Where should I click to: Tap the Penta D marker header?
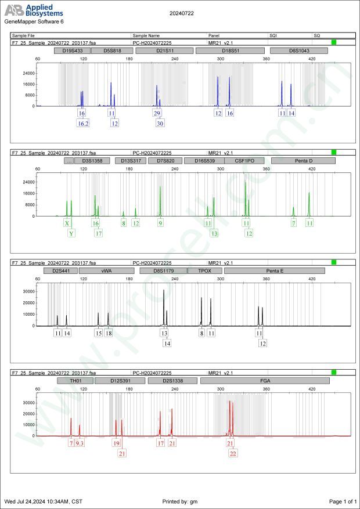303,160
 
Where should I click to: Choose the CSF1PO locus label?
244,160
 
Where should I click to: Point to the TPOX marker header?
205,270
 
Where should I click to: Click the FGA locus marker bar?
264,381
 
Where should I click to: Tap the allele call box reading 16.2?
83,123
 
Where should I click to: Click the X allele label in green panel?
67,223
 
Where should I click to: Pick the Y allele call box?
71,233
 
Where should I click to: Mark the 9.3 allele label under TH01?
80,443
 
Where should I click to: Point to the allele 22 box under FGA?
233,453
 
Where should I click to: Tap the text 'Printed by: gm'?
180,501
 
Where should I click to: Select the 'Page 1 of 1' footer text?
342,501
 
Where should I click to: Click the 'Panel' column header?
214,35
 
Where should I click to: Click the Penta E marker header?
275,270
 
